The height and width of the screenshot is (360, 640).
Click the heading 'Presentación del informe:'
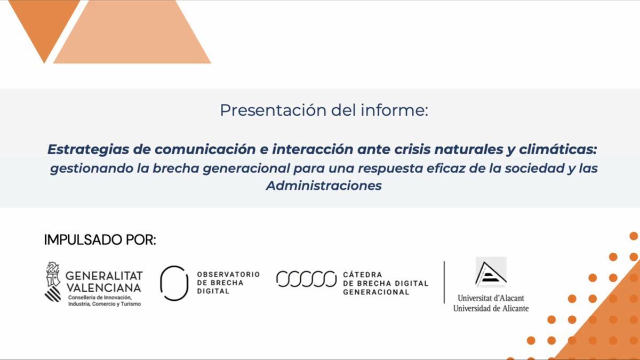click(324, 110)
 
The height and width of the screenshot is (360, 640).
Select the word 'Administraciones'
click(324, 186)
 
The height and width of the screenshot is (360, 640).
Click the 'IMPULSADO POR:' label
click(100, 240)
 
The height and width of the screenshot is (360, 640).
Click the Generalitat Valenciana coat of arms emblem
click(53, 282)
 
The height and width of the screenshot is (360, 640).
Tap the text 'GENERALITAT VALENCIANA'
click(104, 282)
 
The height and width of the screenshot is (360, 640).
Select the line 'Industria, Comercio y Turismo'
click(105, 304)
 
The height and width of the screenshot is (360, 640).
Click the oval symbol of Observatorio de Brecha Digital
click(174, 283)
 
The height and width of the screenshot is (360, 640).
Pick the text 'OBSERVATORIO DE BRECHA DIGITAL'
click(228, 283)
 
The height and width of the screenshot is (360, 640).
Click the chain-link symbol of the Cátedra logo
click(306, 279)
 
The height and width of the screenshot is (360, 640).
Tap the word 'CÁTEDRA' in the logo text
click(362, 275)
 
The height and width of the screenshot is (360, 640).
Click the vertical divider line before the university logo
click(444, 282)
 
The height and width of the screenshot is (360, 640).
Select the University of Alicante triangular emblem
click(491, 273)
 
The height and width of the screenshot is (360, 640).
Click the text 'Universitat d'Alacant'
click(491, 298)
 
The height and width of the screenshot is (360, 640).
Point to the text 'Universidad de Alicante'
click(491, 308)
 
